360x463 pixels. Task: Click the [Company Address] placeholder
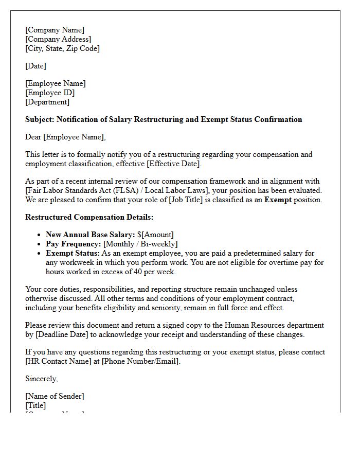[58, 39]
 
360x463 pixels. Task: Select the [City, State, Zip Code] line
[62, 48]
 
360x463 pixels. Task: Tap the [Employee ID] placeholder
[50, 93]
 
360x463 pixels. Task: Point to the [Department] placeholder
[47, 102]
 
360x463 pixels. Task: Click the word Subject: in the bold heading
[40, 119]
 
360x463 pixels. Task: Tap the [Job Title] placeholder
[188, 200]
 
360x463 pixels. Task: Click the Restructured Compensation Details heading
[89, 217]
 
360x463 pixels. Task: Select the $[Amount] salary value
[155, 235]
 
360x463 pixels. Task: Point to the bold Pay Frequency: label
[73, 244]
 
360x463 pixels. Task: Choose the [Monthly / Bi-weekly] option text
[140, 244]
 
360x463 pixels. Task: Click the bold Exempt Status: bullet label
[73, 253]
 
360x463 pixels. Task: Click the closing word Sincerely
[41, 379]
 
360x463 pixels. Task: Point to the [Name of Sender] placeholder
[55, 396]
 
